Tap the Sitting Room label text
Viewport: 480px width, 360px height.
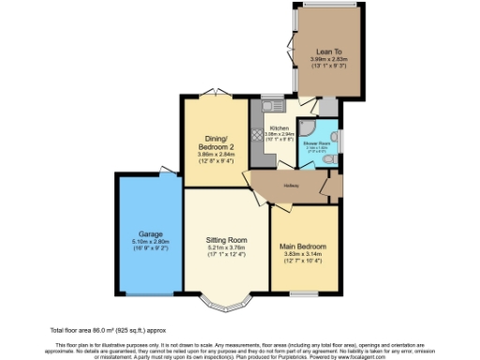point(226,240)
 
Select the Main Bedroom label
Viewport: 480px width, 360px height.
point(302,247)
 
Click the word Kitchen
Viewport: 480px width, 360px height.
point(279,128)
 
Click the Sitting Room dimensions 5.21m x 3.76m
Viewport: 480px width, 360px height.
point(226,248)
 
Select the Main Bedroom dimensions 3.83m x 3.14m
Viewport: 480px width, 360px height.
point(302,255)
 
